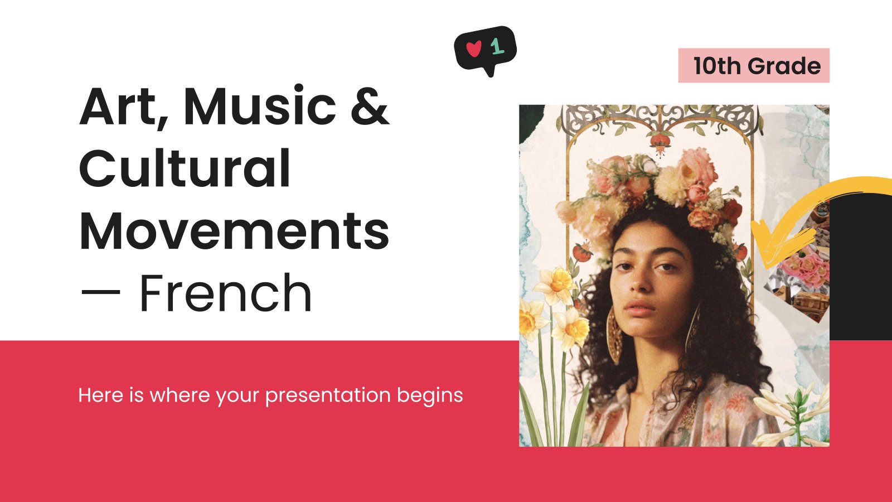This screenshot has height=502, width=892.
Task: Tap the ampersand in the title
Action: [x=370, y=106]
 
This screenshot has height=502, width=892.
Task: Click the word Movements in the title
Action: [x=234, y=230]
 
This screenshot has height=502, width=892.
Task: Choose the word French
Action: [x=225, y=293]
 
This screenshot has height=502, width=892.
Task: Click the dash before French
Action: [x=100, y=293]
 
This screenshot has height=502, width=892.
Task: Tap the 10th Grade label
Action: [x=754, y=66]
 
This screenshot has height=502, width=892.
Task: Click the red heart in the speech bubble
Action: [x=474, y=49]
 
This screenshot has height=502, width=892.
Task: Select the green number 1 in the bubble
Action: [x=497, y=47]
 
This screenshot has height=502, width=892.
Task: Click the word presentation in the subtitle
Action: [x=328, y=395]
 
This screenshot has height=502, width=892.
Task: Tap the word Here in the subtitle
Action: [x=101, y=395]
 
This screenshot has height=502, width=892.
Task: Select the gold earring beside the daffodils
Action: [x=614, y=335]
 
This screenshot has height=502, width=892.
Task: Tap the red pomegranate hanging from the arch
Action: [x=660, y=142]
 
